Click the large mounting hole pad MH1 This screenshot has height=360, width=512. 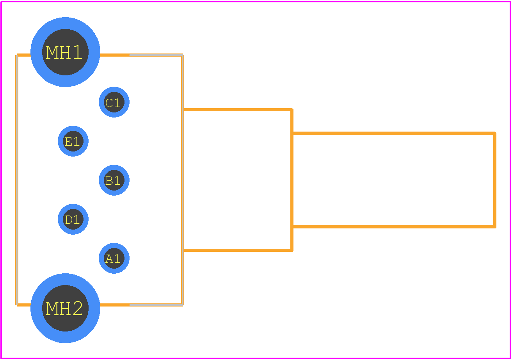(66, 52)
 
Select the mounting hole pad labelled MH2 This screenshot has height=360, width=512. (66, 308)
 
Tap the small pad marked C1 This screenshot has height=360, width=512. (114, 102)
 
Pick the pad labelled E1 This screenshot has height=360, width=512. (73, 141)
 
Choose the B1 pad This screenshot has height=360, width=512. (114, 180)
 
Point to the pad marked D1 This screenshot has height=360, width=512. (73, 219)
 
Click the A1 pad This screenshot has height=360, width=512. (114, 258)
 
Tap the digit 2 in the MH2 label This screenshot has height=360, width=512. (78, 308)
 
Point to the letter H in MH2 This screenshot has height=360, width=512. (65, 308)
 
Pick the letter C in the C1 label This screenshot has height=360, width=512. (109, 103)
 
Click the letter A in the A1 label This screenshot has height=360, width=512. (109, 259)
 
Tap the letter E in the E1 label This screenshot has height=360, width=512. (68, 142)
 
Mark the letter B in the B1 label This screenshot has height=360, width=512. (109, 181)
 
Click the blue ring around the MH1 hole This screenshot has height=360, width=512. (66, 23)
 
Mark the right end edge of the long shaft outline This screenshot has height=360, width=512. (494, 180)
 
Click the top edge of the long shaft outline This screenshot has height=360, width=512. (394, 133)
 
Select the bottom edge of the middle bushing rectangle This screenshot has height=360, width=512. (238, 250)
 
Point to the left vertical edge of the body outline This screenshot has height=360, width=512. (17, 180)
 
